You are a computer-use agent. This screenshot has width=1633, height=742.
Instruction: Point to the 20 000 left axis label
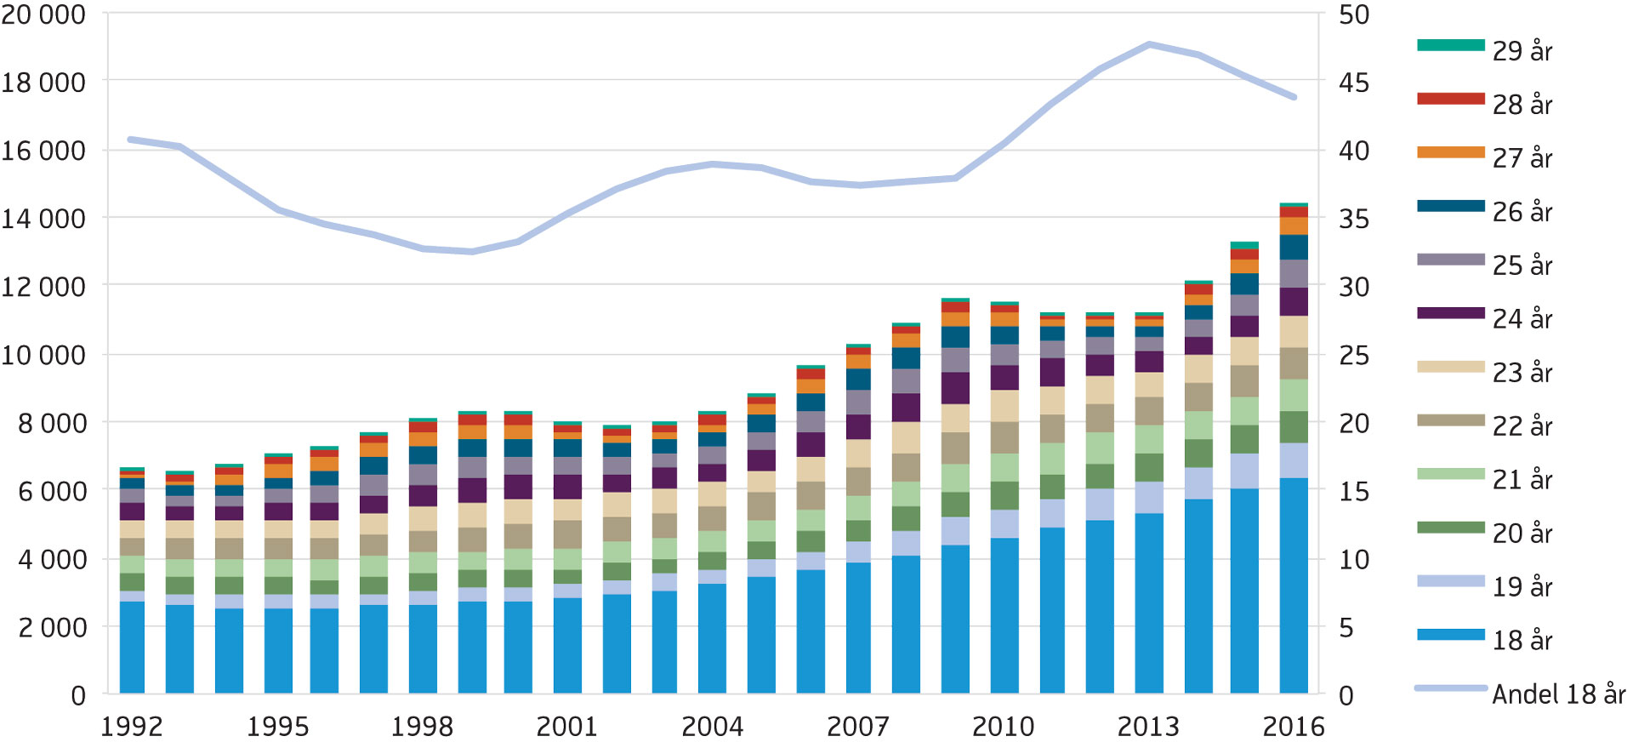[43, 14]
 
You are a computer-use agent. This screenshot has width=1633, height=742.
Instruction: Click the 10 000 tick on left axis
[43, 355]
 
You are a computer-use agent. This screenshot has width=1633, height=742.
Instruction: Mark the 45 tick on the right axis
[1354, 83]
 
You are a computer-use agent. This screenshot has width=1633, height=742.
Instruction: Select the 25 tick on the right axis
[1354, 355]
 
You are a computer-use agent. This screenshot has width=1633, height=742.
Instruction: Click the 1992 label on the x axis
[132, 727]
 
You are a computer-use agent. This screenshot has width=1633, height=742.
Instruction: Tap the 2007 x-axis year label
[858, 727]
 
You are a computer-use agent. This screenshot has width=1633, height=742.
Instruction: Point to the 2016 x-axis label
[1294, 727]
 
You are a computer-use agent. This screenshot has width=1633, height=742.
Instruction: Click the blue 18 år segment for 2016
[1294, 587]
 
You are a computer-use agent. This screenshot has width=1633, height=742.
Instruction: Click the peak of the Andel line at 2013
[1149, 43]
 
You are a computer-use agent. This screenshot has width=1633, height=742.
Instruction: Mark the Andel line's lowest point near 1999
[471, 252]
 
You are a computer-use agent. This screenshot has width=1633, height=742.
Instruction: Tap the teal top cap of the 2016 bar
[1294, 205]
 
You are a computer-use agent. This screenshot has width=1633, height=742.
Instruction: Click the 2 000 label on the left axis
[53, 627]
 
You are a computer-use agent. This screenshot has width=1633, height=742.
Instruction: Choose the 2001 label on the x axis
[567, 727]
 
